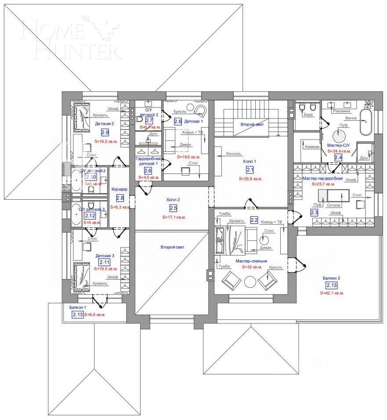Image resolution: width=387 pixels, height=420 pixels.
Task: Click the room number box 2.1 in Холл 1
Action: click(x=250, y=170)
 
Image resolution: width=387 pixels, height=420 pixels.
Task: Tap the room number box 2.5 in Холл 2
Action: click(x=173, y=208)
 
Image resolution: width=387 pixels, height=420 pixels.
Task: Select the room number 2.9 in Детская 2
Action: click(x=105, y=132)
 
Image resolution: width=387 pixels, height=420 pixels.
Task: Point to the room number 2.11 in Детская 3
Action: click(x=105, y=262)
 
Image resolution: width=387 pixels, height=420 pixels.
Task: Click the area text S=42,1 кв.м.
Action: click(x=332, y=293)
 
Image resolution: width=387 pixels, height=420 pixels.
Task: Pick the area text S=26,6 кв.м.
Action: click(x=250, y=179)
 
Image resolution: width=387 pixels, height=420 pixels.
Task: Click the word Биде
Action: click(x=309, y=115)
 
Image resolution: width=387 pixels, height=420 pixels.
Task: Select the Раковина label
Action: click(x=341, y=111)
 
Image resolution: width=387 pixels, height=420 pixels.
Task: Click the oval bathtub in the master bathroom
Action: click(x=366, y=122)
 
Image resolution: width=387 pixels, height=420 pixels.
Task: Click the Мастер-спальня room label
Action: click(x=251, y=261)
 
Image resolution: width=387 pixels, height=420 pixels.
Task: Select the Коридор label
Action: click(x=119, y=189)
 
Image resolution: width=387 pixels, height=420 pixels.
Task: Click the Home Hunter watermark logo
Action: click(x=70, y=40)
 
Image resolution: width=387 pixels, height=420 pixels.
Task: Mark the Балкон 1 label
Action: click(x=78, y=308)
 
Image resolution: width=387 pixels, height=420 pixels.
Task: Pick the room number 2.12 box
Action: click(x=90, y=215)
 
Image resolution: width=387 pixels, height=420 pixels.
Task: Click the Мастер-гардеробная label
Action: click(x=322, y=179)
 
